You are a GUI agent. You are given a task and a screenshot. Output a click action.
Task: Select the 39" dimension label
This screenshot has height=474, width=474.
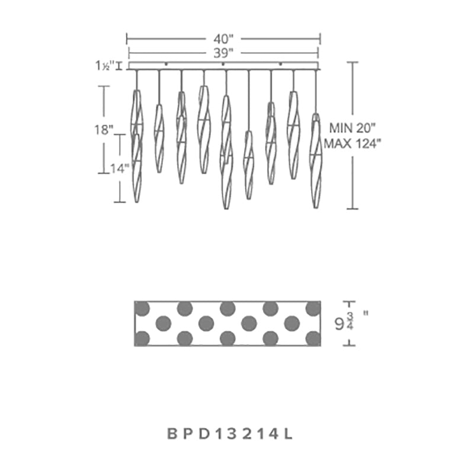click(x=223, y=52)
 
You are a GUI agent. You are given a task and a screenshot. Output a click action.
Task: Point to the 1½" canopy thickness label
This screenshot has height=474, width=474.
click(x=104, y=66)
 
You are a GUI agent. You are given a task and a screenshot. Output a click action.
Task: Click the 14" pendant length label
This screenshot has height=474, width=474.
click(x=120, y=168)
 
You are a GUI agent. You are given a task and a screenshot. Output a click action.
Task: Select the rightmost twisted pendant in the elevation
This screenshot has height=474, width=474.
click(x=316, y=160)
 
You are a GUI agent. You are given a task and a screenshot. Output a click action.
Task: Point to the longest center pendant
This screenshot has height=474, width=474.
click(x=226, y=151)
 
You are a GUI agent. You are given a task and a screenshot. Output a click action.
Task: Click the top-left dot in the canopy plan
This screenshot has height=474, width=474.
click(x=142, y=308)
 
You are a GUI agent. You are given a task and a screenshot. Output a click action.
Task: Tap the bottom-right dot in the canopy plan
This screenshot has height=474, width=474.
click(x=313, y=338)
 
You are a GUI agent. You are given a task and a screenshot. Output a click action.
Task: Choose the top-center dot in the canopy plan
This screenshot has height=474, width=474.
click(x=228, y=308)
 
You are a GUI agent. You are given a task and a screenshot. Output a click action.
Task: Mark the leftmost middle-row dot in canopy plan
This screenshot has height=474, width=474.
click(x=163, y=323)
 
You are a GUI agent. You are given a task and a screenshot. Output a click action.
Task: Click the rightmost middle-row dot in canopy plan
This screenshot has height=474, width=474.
click(x=292, y=323)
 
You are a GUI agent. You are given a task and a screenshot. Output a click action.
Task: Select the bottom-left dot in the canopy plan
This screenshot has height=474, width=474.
click(x=142, y=338)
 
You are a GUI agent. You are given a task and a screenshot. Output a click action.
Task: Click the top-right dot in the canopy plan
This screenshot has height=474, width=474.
click(x=313, y=308)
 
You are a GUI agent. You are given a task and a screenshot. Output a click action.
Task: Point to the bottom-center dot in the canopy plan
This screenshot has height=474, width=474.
click(x=228, y=338)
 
